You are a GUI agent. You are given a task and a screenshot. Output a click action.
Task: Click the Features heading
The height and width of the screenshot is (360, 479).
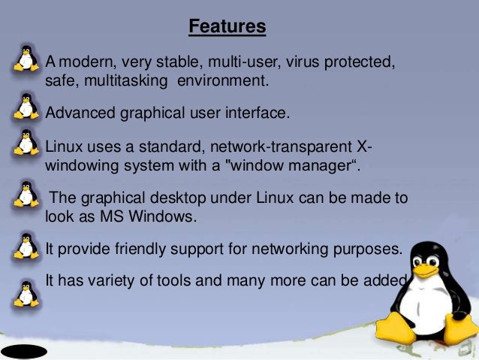tap(227, 28)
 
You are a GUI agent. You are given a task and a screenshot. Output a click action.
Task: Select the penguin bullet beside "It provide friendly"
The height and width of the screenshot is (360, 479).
tap(27, 246)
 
